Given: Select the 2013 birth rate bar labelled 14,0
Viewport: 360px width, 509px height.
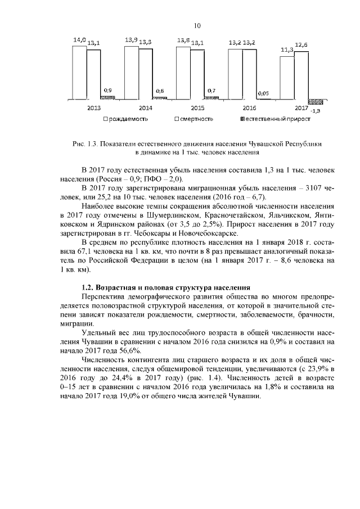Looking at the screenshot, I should (x=79, y=72).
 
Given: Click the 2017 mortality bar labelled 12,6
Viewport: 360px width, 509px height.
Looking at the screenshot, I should (x=301, y=75).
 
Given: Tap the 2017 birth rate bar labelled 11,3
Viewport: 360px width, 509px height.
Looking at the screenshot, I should (x=287, y=77).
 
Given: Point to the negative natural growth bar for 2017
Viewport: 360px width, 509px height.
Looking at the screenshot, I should (x=316, y=102).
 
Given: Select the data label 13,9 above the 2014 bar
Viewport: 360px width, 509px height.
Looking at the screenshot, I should (x=131, y=40).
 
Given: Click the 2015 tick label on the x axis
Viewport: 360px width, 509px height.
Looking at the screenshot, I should (x=197, y=107).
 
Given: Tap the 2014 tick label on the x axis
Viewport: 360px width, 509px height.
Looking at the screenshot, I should (x=145, y=107).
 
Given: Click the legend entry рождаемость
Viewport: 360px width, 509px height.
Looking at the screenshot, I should (x=128, y=119).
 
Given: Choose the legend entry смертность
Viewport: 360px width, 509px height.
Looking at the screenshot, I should (x=196, y=119).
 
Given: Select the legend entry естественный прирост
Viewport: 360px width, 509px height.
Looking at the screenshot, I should (x=269, y=119).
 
